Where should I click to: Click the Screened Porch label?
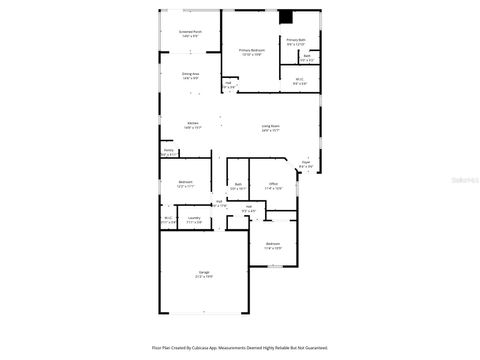click(190, 33)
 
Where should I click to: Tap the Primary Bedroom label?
click(250, 51)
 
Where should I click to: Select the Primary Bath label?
click(295, 42)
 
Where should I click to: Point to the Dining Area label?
click(190, 75)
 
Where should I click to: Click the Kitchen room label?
click(193, 126)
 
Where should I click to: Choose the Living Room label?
click(271, 127)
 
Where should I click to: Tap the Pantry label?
click(168, 153)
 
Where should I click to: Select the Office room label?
click(272, 184)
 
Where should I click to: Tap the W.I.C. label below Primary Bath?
click(299, 81)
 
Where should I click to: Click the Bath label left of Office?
click(239, 185)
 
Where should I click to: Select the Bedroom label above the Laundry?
click(186, 183)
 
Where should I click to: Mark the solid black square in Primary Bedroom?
click(286, 16)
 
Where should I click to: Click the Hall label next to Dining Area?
click(229, 85)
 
